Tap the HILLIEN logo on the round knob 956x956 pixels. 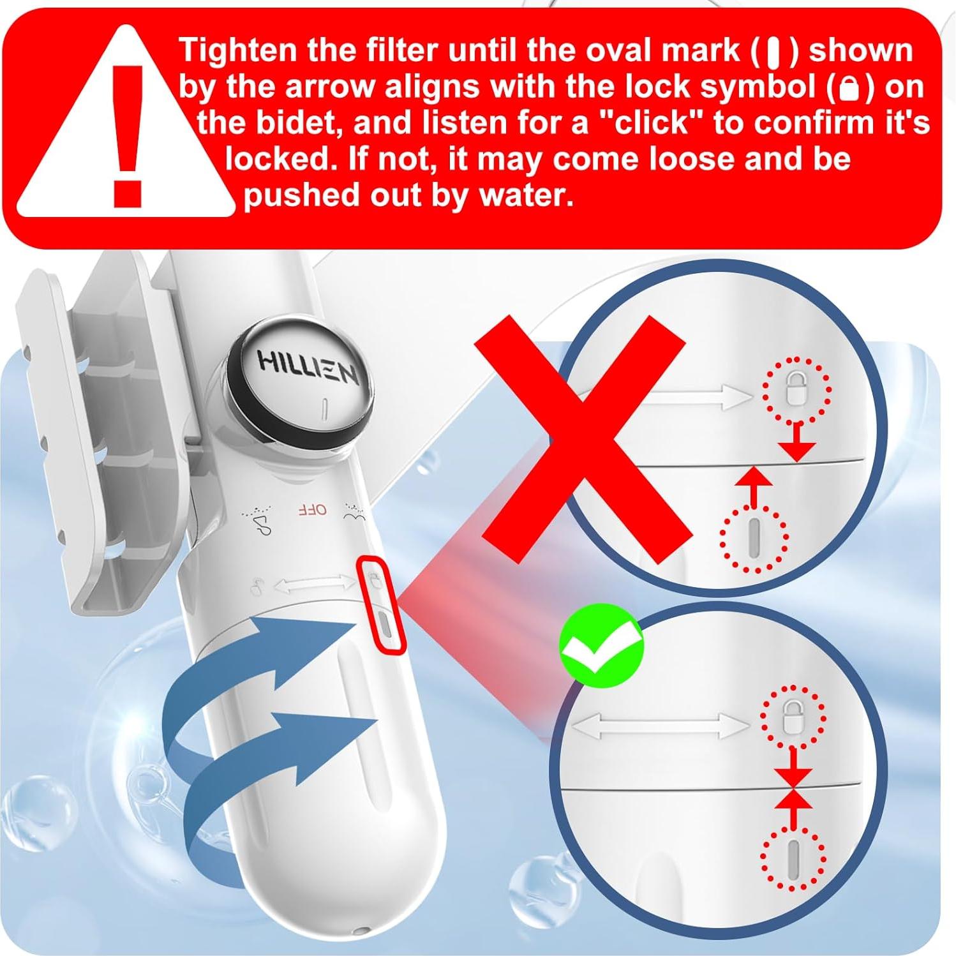point(308,370)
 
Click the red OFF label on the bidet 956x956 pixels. point(313,509)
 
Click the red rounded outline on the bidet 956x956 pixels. point(382,604)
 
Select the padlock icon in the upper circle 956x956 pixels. point(796,389)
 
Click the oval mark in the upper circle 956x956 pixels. point(754,537)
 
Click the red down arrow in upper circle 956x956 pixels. point(798,444)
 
